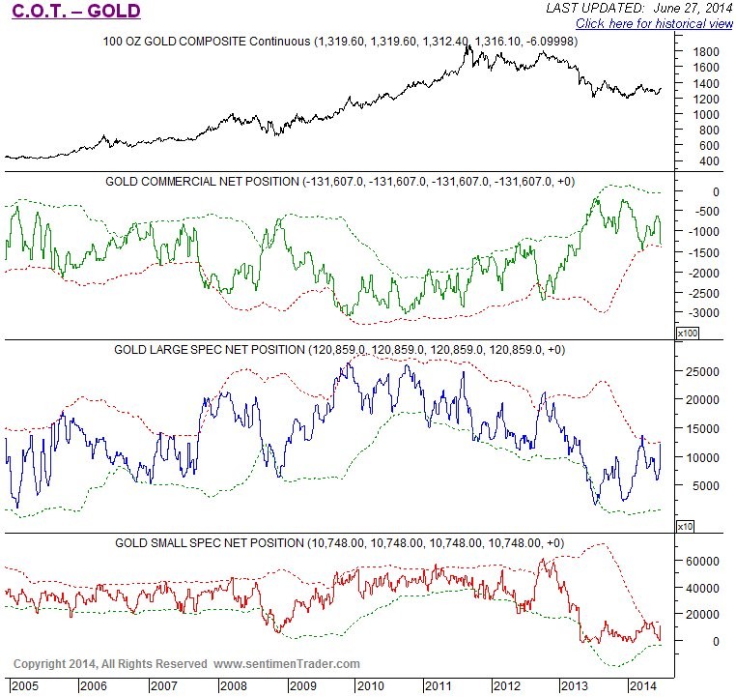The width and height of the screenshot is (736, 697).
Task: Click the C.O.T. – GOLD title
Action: pos(75,12)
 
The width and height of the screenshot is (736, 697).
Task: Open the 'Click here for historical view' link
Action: pos(654,22)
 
